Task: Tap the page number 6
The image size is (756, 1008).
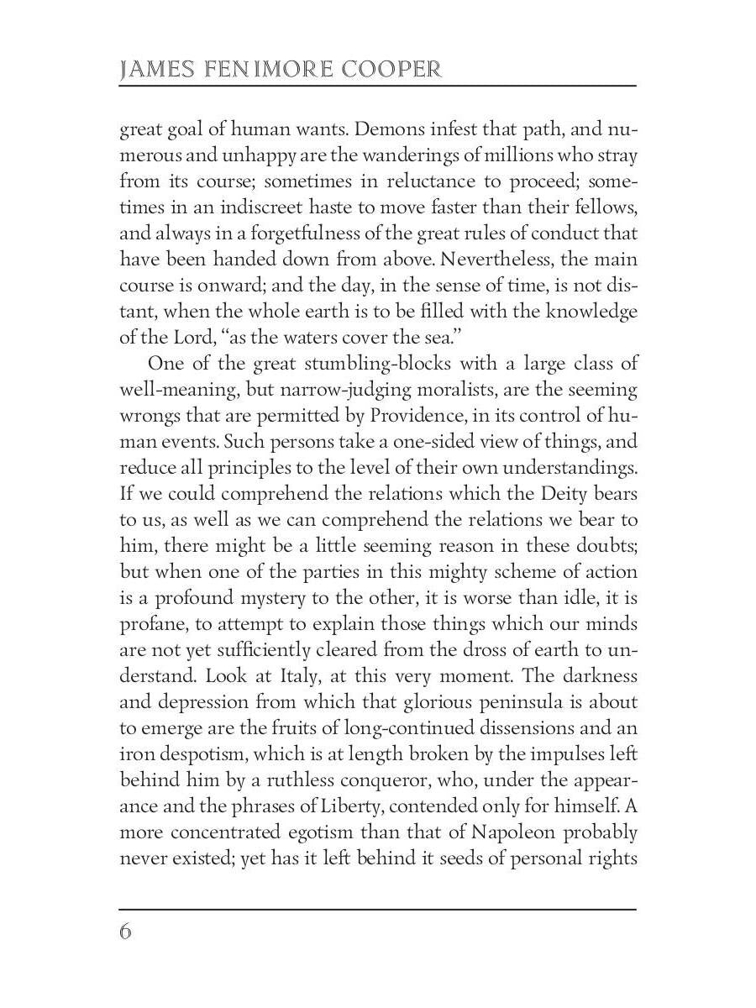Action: click(x=126, y=932)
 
